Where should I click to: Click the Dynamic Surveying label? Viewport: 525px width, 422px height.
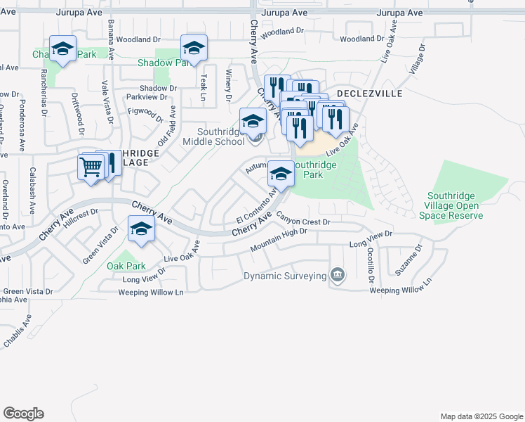[x=284, y=276]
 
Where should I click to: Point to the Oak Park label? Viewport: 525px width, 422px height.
[x=126, y=267]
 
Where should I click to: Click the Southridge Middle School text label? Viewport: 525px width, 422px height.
[x=213, y=136]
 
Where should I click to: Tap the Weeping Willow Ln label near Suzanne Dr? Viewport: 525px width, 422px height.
[x=399, y=290]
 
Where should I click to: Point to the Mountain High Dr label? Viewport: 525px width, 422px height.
[x=279, y=241]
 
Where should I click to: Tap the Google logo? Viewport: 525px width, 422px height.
[x=23, y=414]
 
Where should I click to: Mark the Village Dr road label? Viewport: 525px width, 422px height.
[x=418, y=60]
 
